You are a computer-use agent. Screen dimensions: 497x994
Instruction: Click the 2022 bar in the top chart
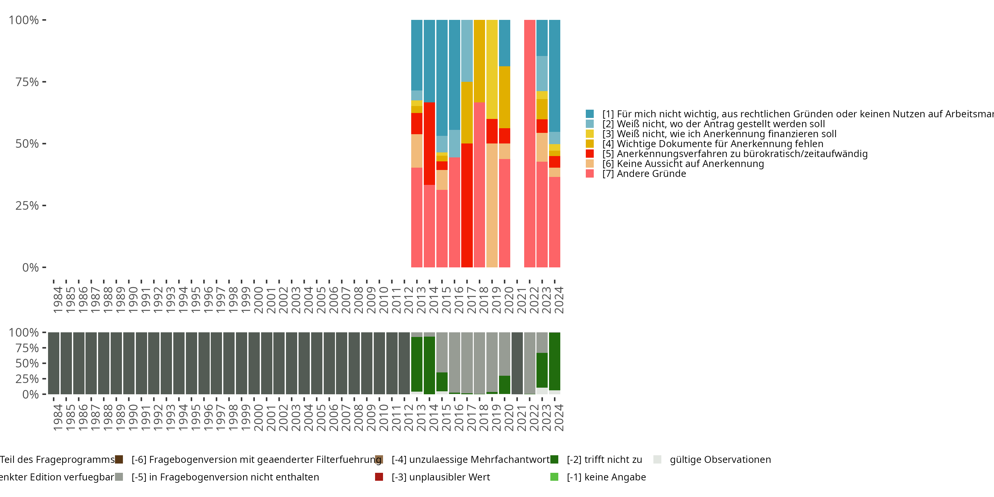pyautogui.click(x=529, y=143)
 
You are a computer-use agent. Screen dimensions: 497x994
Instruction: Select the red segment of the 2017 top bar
pyautogui.click(x=467, y=205)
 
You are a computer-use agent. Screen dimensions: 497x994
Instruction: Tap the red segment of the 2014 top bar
pyautogui.click(x=429, y=143)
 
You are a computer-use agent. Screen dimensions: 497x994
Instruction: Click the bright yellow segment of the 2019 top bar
pyautogui.click(x=492, y=70)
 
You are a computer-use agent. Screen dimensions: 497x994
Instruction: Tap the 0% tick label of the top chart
pyautogui.click(x=30, y=267)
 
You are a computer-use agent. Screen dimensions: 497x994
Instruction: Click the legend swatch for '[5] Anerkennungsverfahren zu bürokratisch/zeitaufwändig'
pyautogui.click(x=590, y=154)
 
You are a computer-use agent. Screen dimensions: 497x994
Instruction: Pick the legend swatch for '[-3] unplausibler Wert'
pyautogui.click(x=379, y=477)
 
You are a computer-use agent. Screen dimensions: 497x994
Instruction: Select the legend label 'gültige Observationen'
pyautogui.click(x=720, y=460)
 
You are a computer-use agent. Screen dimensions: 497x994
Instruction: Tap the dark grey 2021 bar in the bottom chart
pyautogui.click(x=517, y=363)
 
